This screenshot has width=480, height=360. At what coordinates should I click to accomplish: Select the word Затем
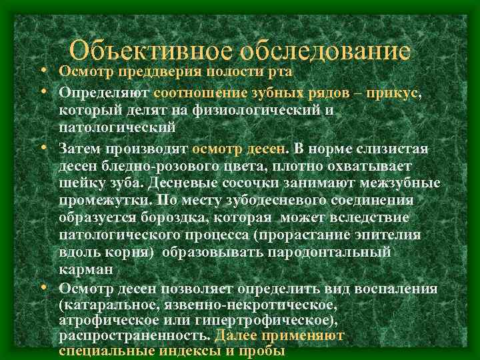click(81, 148)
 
